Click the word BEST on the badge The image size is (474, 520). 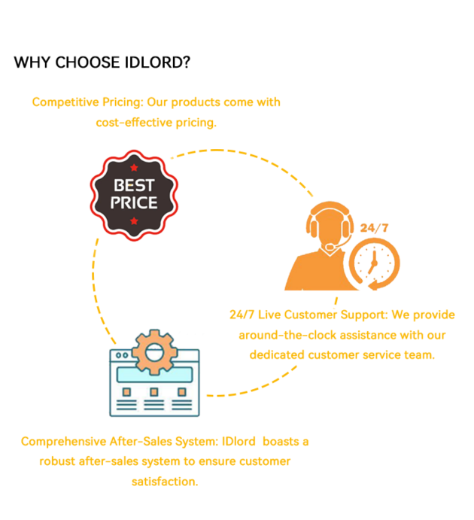pyautogui.click(x=134, y=185)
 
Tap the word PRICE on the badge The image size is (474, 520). pyautogui.click(x=134, y=202)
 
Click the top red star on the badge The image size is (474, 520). pyautogui.click(x=134, y=167)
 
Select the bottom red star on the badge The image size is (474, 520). pyautogui.click(x=134, y=220)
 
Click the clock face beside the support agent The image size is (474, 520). pyautogui.click(x=372, y=263)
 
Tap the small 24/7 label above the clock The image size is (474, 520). pyautogui.click(x=373, y=227)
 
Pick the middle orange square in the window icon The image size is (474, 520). pyautogui.click(x=154, y=392)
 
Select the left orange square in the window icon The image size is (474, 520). pyautogui.click(x=126, y=392)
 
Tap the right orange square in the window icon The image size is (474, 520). pyautogui.click(x=182, y=392)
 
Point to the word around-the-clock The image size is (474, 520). pyautogui.click(x=287, y=334)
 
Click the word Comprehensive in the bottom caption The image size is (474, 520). pyautogui.click(x=62, y=441)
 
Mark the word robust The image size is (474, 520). pyautogui.click(x=56, y=461)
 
